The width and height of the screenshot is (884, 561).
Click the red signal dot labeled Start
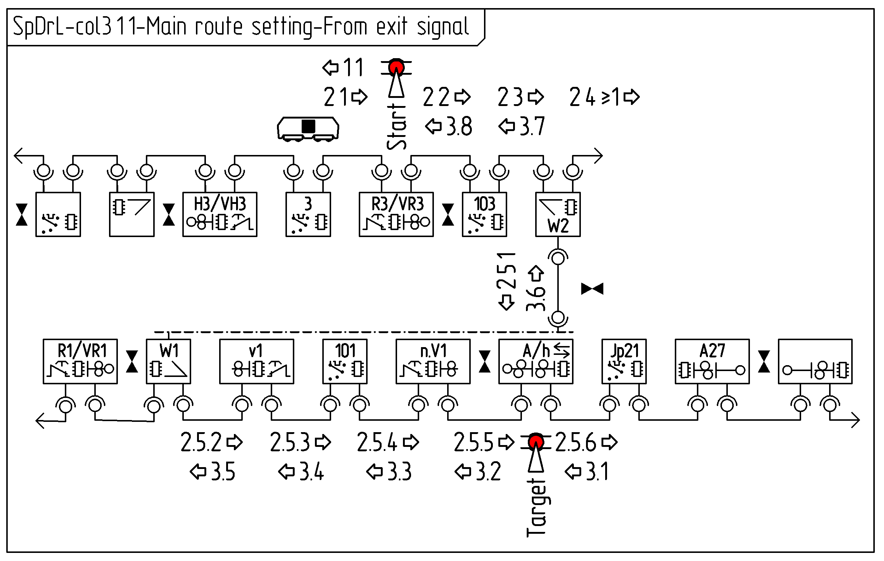point(396,68)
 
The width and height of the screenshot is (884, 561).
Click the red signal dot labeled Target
point(536,442)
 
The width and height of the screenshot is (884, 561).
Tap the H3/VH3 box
point(220,214)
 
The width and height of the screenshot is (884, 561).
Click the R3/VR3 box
point(396,214)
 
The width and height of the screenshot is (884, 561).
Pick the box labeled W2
point(558,214)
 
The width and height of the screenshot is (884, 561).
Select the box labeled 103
point(484,214)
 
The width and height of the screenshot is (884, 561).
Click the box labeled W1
point(168,361)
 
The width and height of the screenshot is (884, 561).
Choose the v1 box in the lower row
point(256,361)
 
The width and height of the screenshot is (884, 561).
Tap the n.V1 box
point(433,361)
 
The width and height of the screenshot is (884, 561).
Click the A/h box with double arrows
point(536,361)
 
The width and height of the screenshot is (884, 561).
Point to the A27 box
point(712,361)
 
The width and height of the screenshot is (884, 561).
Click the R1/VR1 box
point(80,361)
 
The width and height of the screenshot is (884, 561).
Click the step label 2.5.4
point(377,442)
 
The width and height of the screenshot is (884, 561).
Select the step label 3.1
point(597,472)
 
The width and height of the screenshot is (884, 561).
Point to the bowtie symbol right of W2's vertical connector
point(592,289)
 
